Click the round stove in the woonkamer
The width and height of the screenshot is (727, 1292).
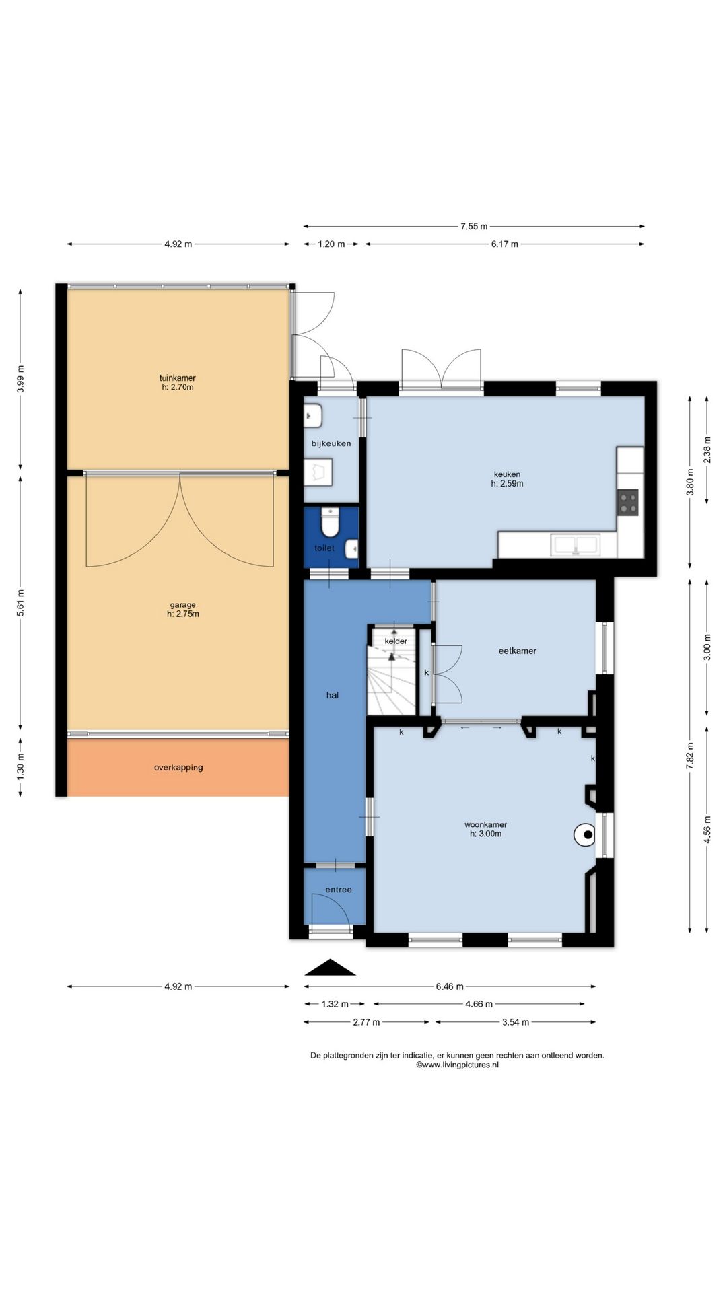584,835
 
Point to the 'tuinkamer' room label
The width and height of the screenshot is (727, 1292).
178,378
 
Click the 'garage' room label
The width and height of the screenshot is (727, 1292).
182,605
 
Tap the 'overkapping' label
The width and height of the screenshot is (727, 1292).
178,768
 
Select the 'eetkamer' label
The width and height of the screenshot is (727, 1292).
517,651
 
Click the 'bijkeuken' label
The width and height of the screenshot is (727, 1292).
331,444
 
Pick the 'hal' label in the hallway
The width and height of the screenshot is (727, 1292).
333,696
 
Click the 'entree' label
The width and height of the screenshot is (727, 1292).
339,890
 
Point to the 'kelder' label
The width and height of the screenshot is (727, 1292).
396,641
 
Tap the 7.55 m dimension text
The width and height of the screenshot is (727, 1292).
474,227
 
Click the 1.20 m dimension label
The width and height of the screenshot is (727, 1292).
331,244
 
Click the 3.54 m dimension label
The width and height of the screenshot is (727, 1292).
516,1022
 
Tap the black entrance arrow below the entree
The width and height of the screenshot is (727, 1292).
330,967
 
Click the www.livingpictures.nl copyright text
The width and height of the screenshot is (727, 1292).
458,1065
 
